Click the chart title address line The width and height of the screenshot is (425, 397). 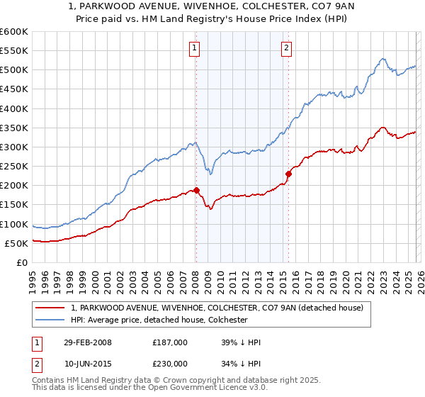click(x=212, y=8)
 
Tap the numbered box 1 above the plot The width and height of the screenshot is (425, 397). click(x=194, y=48)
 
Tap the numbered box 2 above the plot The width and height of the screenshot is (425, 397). click(x=287, y=48)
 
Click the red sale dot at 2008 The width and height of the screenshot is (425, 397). click(x=196, y=190)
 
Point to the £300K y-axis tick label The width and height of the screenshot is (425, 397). click(x=14, y=147)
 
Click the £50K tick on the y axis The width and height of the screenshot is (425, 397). click(x=17, y=243)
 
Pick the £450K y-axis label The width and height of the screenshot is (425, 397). click(x=14, y=89)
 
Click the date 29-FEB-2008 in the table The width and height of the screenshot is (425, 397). click(x=86, y=342)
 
